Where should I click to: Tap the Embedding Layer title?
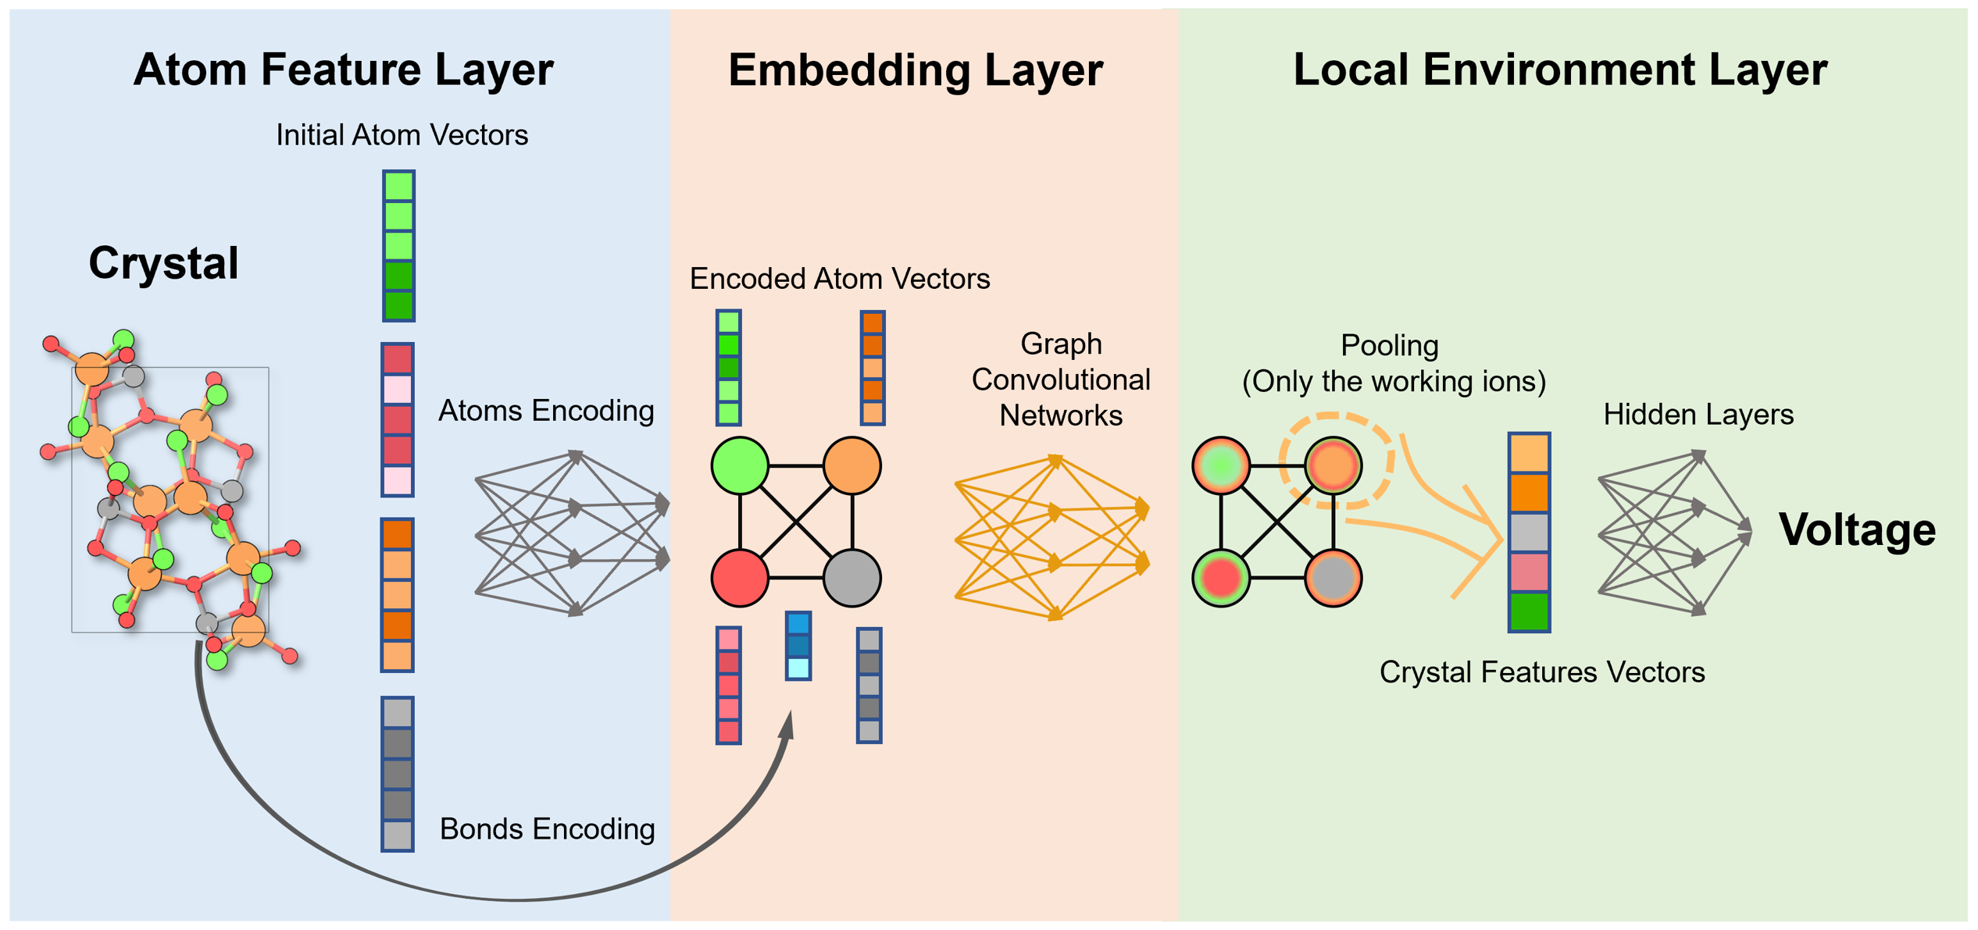click(916, 70)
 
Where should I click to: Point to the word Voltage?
click(1858, 530)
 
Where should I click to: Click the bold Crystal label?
click(163, 263)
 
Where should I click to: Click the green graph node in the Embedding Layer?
click(740, 466)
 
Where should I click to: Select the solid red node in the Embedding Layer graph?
click(740, 578)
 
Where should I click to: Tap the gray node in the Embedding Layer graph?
click(852, 578)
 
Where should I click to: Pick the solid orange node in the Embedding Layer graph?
click(852, 466)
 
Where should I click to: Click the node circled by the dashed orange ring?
click(1334, 466)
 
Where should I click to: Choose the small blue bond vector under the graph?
click(798, 646)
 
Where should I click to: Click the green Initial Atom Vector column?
click(398, 246)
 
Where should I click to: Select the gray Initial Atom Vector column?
click(398, 774)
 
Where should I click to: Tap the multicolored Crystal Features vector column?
click(1529, 533)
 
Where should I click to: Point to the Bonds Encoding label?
click(547, 829)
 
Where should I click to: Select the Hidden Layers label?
click(1698, 415)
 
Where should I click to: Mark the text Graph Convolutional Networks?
click(1061, 379)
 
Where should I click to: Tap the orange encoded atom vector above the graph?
click(873, 368)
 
